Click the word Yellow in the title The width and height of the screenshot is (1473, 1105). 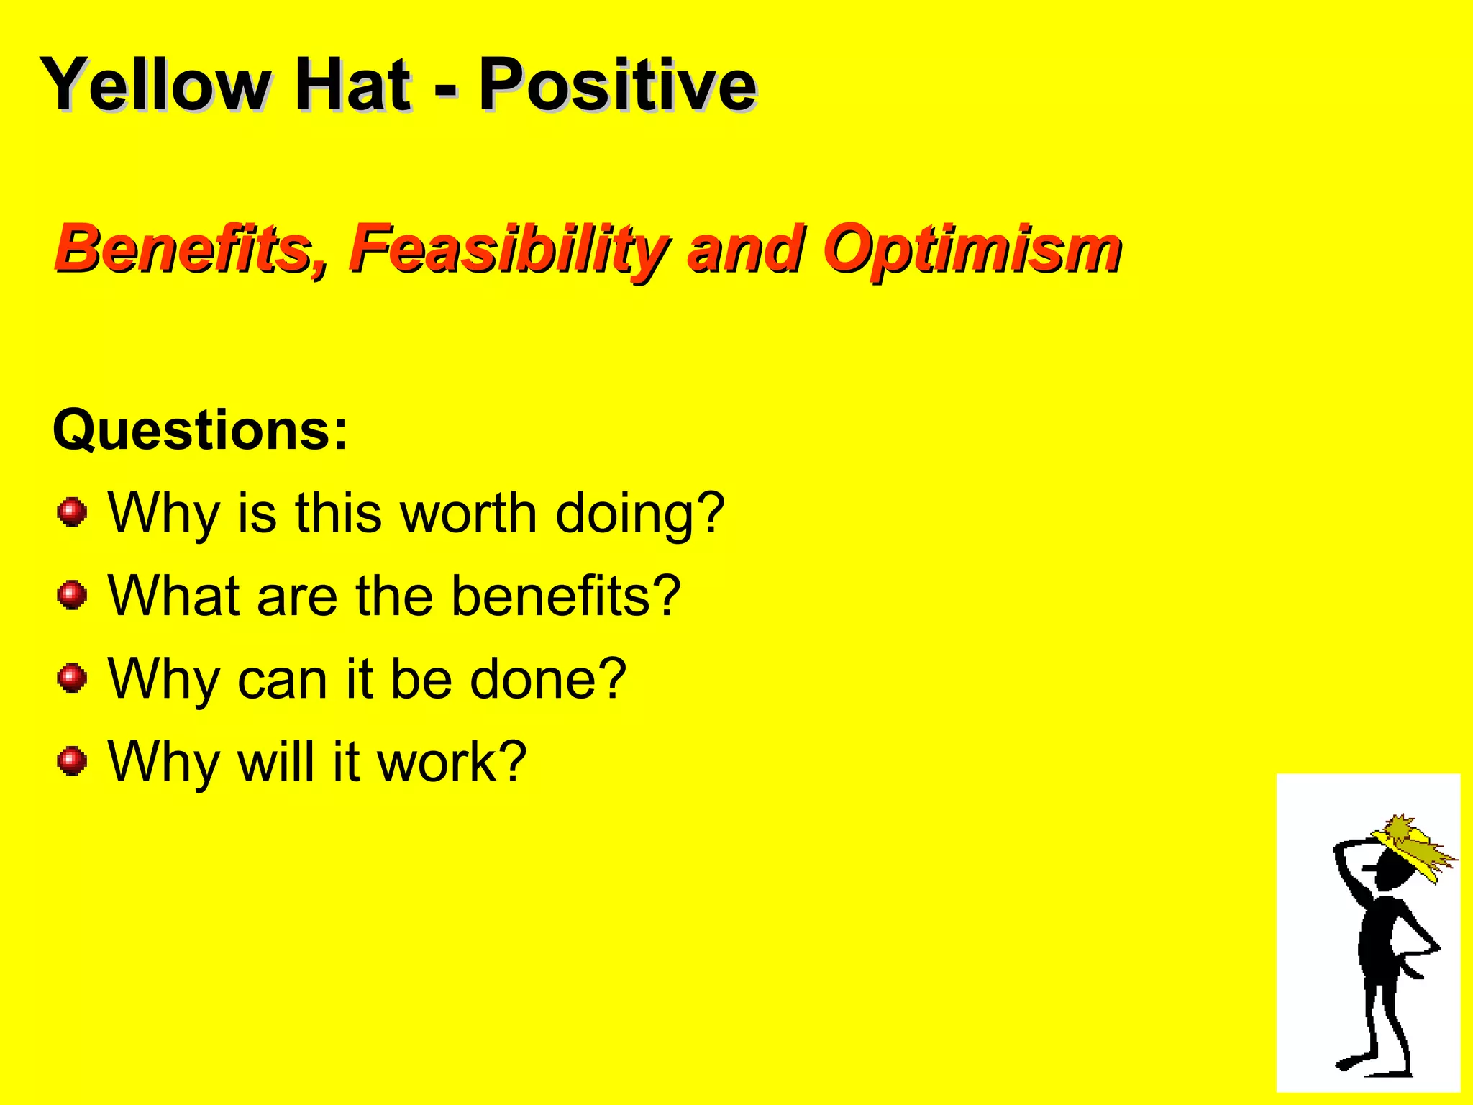[155, 85]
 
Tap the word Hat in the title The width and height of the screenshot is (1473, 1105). [352, 85]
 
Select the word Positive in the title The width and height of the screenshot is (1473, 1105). [617, 85]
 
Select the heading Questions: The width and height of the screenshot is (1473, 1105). [200, 430]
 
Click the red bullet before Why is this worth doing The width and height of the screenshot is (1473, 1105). [72, 512]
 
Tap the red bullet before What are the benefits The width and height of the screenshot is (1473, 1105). [72, 595]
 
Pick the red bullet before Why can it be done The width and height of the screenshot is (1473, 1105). [72, 678]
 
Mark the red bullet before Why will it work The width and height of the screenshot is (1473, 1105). [72, 760]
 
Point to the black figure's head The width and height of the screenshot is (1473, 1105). [1392, 873]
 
